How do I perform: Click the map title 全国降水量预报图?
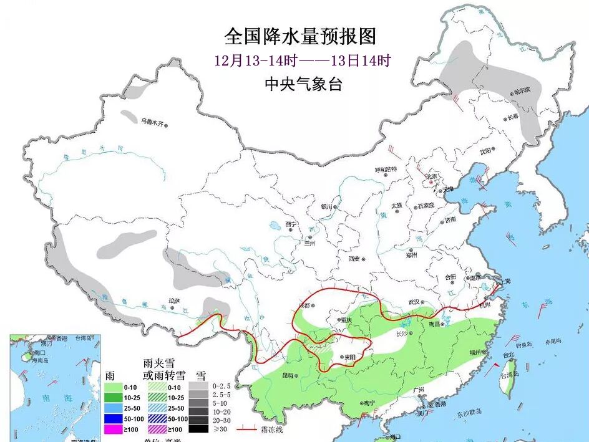click(x=300, y=36)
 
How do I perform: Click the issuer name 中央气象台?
click(x=303, y=84)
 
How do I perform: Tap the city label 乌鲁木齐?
click(x=155, y=123)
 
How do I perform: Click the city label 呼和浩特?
click(x=386, y=170)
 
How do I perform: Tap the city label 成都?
click(x=303, y=305)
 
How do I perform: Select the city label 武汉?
click(x=412, y=302)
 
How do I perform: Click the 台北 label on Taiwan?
click(x=509, y=355)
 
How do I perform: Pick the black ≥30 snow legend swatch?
click(x=198, y=429)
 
